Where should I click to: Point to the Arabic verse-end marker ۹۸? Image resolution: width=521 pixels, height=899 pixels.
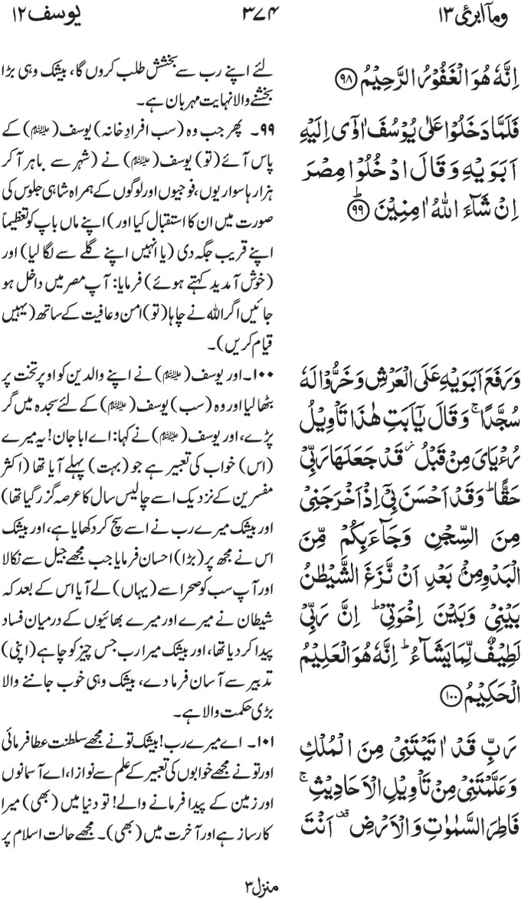[335, 78]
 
